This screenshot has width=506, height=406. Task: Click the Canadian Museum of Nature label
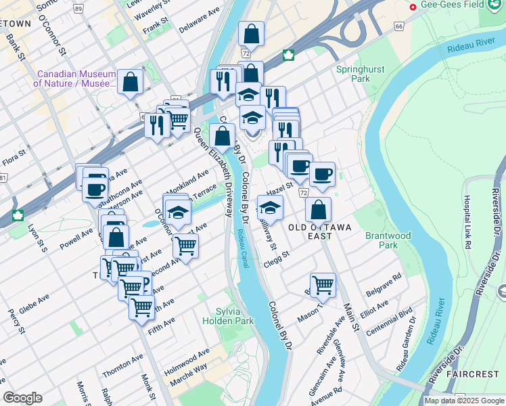click(x=75, y=79)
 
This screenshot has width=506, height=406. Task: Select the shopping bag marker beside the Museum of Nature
click(x=130, y=82)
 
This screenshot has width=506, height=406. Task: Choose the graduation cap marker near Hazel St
click(x=270, y=207)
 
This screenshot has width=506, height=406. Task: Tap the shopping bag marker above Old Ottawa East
click(x=318, y=209)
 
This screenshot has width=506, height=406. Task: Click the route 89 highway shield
click(x=79, y=9)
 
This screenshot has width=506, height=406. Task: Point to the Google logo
click(x=23, y=398)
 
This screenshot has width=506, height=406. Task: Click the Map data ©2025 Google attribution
click(x=463, y=401)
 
